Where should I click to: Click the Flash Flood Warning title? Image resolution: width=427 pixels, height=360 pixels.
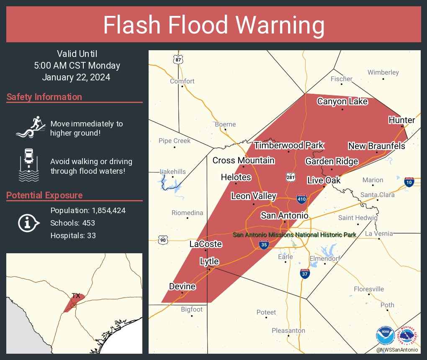coord(213,25)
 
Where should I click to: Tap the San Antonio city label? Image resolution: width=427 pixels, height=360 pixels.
coord(284,216)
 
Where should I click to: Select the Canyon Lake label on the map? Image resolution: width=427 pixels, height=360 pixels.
coord(342,101)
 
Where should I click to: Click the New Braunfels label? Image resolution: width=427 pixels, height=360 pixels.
coord(377,146)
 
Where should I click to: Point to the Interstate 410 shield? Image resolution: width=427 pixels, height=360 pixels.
coord(301,198)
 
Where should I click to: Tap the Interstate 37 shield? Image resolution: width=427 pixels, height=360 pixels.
coord(305,274)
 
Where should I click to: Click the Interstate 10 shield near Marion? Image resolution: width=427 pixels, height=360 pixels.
coord(409,182)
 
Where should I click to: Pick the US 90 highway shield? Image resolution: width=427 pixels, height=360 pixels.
coord(163,240)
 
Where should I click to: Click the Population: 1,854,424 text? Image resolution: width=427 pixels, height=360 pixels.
coord(88,210)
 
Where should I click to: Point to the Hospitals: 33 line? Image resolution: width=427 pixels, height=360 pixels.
coord(73,235)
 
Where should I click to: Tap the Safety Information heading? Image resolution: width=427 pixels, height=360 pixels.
coord(44,97)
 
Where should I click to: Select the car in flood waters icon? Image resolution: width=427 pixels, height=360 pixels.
coord(29,164)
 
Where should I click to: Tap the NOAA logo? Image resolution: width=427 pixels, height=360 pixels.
coord(385,336)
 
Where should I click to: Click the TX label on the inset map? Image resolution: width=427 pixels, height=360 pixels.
coord(76,296)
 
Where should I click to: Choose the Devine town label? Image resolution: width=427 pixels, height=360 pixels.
coord(182,286)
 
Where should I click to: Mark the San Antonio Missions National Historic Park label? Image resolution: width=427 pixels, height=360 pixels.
coord(294,235)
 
